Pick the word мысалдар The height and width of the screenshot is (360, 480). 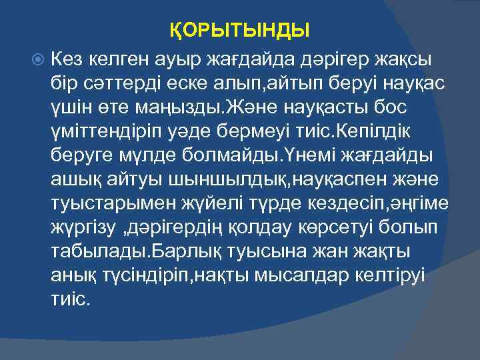[289, 275]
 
